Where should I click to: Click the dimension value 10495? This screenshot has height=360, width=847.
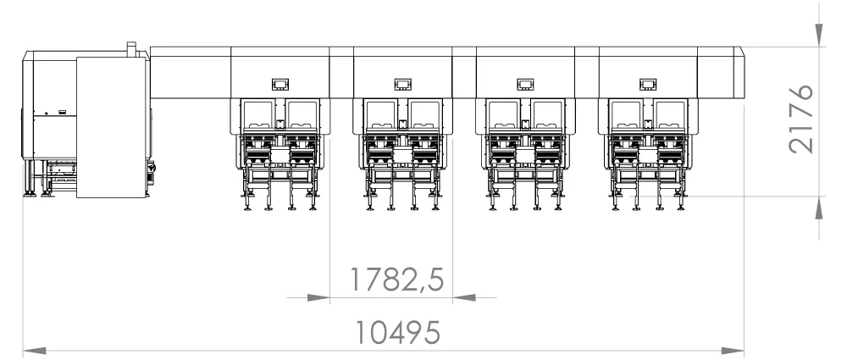tap(397, 332)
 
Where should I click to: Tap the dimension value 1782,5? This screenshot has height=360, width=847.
tap(397, 280)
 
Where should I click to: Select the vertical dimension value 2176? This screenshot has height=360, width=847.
tap(800, 119)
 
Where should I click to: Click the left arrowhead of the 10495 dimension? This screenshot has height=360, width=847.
tap(34, 352)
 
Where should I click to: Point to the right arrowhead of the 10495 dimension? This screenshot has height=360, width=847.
tap(733, 352)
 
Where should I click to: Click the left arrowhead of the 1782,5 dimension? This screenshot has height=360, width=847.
tap(318, 297)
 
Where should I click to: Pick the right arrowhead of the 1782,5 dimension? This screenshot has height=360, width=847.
tap(464, 297)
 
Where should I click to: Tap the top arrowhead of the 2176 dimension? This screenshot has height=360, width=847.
tap(819, 35)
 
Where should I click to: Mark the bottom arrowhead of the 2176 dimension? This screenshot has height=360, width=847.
tap(819, 208)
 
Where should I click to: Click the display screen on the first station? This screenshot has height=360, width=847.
tap(280, 85)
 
